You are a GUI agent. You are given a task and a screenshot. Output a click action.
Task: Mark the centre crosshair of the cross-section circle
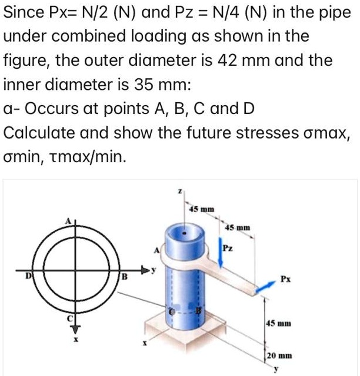coord(74,274)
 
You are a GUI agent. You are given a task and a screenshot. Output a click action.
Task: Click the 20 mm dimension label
coord(276,355)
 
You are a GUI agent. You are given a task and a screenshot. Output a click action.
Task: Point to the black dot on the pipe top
coord(186,233)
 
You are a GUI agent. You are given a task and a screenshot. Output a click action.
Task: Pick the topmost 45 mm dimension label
coord(201,209)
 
